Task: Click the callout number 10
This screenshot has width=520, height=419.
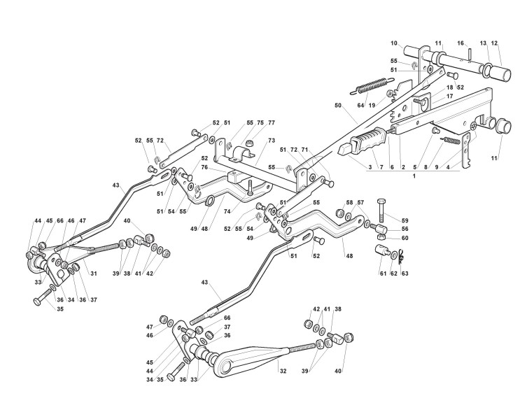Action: tap(413, 43)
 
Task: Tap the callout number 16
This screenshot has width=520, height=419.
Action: tap(461, 43)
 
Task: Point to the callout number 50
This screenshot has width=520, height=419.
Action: tap(338, 105)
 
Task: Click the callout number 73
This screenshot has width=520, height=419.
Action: tap(271, 141)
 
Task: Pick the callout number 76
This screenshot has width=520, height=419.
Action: tap(205, 167)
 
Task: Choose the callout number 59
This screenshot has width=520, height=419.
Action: tap(405, 202)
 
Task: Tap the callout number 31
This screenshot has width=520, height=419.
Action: tap(94, 272)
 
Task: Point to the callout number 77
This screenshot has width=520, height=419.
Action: tap(271, 122)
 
